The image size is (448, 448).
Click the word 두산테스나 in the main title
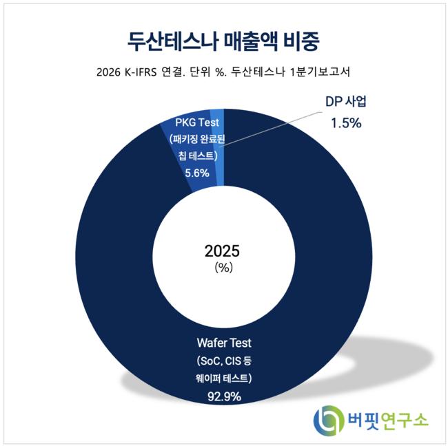pos(172,41)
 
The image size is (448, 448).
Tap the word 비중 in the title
pos(301,41)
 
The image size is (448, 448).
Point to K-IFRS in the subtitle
pos(141,72)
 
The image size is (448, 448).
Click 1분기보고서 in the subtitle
pos(320,72)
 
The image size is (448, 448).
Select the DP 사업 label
pos(346,101)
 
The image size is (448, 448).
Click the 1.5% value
pos(346,123)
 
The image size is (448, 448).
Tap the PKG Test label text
pos(197,122)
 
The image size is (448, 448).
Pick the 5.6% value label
pos(197,173)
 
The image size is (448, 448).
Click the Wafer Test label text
pos(224,343)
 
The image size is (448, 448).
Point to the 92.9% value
pos(224,396)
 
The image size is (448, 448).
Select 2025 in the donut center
pos(222,251)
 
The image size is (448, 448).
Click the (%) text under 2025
pos(224,268)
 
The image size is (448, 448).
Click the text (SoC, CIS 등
pos(224,361)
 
